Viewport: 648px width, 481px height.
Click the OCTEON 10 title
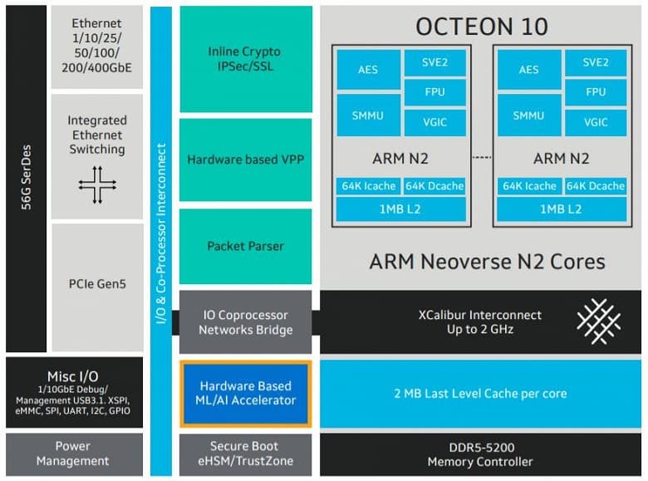(481, 26)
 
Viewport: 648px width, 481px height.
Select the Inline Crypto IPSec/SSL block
(245, 59)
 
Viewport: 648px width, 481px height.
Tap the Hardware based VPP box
(245, 159)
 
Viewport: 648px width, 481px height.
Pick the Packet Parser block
(245, 246)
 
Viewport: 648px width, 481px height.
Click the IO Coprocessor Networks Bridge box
(245, 322)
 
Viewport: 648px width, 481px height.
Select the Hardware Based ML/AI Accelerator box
(245, 393)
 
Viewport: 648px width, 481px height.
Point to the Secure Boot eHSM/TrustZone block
(245, 454)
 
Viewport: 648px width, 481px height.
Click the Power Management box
(73, 454)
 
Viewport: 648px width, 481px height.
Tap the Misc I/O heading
(73, 376)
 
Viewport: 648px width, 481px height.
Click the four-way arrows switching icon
(97, 185)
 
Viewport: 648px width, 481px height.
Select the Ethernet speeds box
(97, 46)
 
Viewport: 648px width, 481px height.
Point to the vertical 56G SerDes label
(25, 179)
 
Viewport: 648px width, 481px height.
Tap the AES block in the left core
(367, 70)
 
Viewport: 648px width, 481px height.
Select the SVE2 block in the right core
(595, 62)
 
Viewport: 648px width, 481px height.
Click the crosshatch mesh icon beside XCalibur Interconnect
(598, 322)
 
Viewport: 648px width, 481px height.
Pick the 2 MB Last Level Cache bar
(480, 393)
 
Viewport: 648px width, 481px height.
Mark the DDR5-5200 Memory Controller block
(480, 454)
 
